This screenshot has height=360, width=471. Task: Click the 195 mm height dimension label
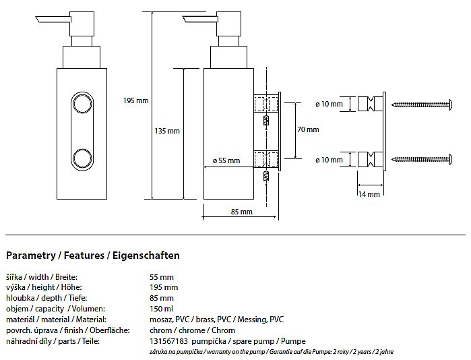[x=135, y=100]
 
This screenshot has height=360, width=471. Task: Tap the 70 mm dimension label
[x=308, y=129]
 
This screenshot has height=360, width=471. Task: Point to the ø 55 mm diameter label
[x=226, y=160]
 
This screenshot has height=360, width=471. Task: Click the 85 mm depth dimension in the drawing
[x=241, y=212]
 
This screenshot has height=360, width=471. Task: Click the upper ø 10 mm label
[x=329, y=104]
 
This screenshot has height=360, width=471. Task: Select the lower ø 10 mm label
[x=329, y=160]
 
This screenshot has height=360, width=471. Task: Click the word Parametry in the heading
[x=28, y=256]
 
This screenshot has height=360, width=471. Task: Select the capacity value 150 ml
[x=161, y=309]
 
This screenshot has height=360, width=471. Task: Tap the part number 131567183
[x=169, y=342]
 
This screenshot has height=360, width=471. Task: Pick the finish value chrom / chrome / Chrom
[x=192, y=330]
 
